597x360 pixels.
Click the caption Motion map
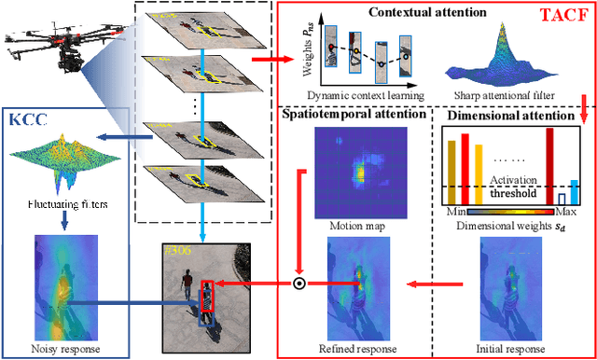coord(354,224)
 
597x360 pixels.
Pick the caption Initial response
coord(511,349)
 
